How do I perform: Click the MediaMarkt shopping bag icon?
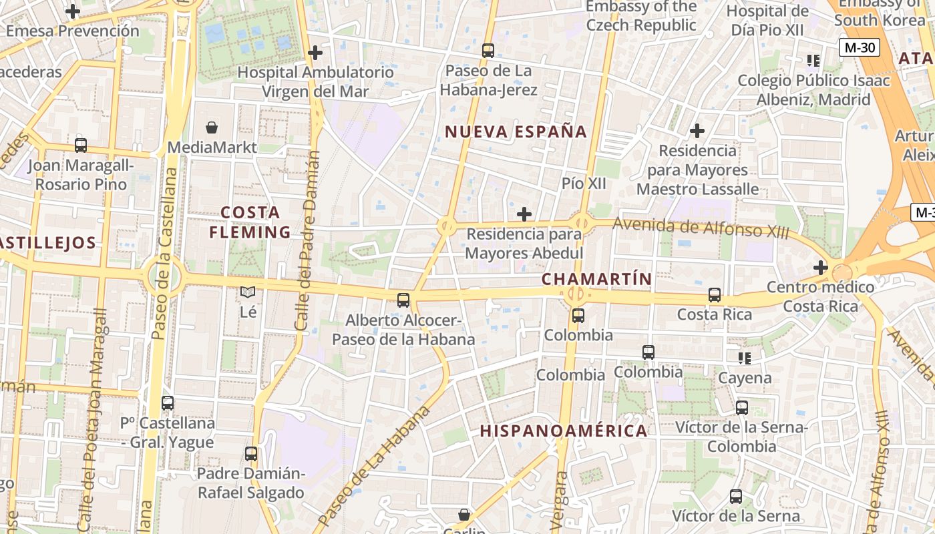pyautogui.click(x=212, y=127)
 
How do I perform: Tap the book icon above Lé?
pyautogui.click(x=248, y=292)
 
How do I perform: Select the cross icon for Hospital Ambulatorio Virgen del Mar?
pyautogui.click(x=315, y=53)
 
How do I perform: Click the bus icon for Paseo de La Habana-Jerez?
pyautogui.click(x=488, y=51)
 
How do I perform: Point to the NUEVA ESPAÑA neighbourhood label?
pyautogui.click(x=516, y=131)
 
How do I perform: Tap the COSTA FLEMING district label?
pyautogui.click(x=250, y=222)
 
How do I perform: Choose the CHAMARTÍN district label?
pyautogui.click(x=596, y=279)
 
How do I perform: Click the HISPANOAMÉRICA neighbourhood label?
pyautogui.click(x=564, y=431)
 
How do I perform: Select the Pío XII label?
pyautogui.click(x=583, y=184)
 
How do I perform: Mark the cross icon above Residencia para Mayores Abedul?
pyautogui.click(x=524, y=214)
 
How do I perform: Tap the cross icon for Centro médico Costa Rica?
pyautogui.click(x=821, y=268)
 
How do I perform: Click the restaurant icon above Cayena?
pyautogui.click(x=745, y=358)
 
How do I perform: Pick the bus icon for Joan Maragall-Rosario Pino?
pyautogui.click(x=81, y=145)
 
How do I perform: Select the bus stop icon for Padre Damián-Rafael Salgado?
pyautogui.click(x=251, y=454)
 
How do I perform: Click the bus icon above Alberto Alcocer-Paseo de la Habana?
pyautogui.click(x=403, y=300)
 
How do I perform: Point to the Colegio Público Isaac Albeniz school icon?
pyautogui.click(x=813, y=61)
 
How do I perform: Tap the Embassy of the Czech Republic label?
pyautogui.click(x=640, y=16)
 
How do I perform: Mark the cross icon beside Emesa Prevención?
pyautogui.click(x=73, y=11)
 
